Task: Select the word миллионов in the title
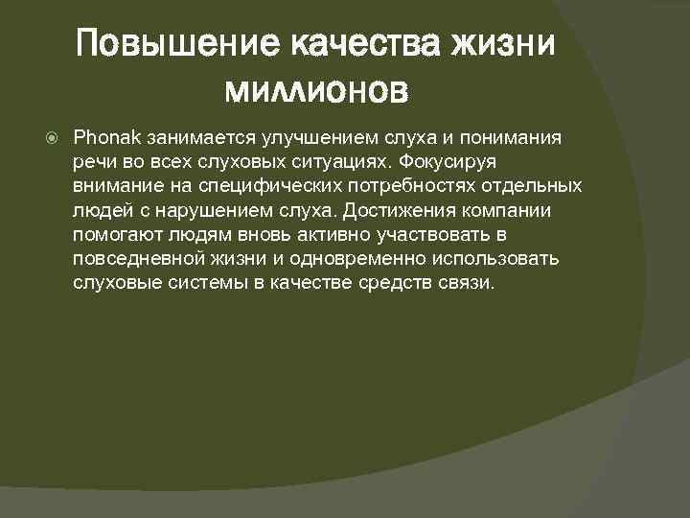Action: (x=316, y=91)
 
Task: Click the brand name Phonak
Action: (x=105, y=138)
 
